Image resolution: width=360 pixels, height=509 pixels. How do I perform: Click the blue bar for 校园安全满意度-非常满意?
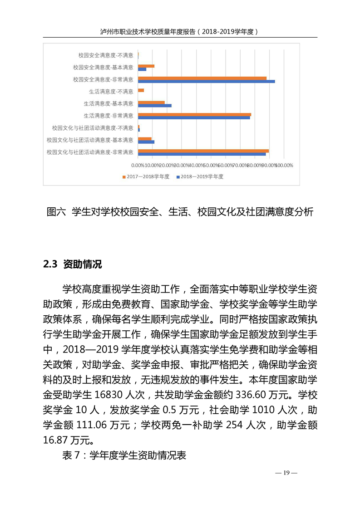pyautogui.click(x=206, y=81)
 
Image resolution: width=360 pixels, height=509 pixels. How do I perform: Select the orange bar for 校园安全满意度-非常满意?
pyautogui.click(x=202, y=78)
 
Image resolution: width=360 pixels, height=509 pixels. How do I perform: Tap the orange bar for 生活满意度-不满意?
pyautogui.click(x=141, y=90)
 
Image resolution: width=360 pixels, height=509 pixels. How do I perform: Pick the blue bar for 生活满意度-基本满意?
pyautogui.click(x=154, y=106)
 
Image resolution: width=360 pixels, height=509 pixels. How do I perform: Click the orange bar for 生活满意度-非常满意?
pyautogui.click(x=194, y=114)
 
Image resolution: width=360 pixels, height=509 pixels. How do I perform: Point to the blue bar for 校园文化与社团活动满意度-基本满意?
pyautogui.click(x=146, y=142)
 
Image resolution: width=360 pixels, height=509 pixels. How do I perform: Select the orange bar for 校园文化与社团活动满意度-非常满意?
pyautogui.click(x=203, y=151)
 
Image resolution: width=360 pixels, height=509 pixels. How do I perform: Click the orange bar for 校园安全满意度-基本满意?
pyautogui.click(x=146, y=66)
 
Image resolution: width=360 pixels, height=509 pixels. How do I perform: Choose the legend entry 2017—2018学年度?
pyautogui.click(x=146, y=176)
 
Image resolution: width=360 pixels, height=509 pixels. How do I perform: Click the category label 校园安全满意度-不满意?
pyautogui.click(x=105, y=55)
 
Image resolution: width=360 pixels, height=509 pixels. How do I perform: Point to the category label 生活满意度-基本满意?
pyautogui.click(x=108, y=103)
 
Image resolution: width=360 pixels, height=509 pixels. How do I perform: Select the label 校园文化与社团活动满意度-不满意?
pyautogui.click(x=93, y=128)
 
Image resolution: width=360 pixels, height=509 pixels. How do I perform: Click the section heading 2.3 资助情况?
pyautogui.click(x=72, y=264)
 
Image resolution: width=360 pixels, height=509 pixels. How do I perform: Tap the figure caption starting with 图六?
pyautogui.click(x=180, y=212)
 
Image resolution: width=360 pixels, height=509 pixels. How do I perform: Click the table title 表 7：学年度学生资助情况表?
pyautogui.click(x=124, y=455)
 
